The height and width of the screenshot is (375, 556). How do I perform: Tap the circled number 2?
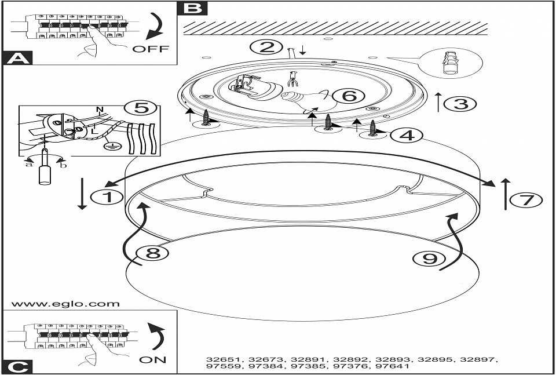tap(267, 47)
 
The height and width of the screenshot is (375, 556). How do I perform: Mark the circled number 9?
tap(429, 259)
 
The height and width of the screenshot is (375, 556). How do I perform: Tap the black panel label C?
tap(17, 366)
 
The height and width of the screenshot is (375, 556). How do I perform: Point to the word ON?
tap(153, 359)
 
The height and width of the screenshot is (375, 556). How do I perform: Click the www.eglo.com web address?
tap(65, 304)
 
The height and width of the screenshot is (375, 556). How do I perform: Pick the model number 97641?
tap(392, 367)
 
